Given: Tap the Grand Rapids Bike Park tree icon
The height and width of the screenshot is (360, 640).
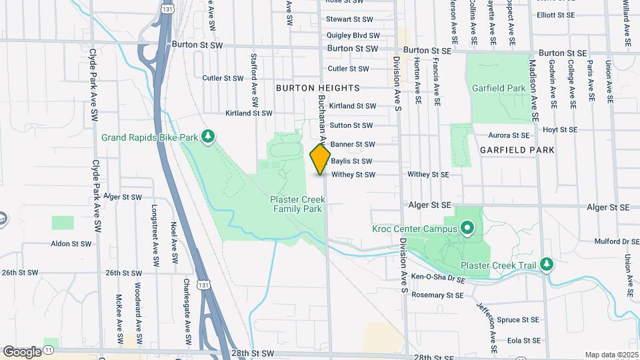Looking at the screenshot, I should [x=209, y=137].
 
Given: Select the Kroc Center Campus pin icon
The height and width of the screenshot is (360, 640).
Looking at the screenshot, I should [x=467, y=229].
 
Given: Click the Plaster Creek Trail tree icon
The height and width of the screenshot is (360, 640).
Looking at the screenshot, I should [x=547, y=264].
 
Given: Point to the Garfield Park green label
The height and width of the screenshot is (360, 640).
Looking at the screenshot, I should [x=499, y=88].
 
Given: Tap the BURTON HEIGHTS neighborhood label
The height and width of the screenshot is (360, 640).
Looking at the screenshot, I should [x=317, y=88].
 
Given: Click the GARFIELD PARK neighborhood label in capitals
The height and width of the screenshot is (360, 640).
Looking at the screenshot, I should [x=517, y=150].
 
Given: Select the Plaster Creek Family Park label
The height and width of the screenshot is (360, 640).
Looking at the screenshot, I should [x=296, y=204].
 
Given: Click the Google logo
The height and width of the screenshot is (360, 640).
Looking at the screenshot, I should [x=22, y=351].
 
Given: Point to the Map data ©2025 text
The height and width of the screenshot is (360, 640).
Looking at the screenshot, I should [x=611, y=355].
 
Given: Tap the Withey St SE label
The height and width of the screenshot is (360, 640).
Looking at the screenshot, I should [x=429, y=175].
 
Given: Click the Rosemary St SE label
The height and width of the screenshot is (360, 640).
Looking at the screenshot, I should [x=437, y=295].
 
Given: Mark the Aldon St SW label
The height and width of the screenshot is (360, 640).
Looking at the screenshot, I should [x=71, y=244].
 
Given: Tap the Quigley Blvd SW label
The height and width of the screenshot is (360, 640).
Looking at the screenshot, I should [x=353, y=36].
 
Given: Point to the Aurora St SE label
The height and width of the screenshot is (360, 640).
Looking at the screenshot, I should [x=509, y=135].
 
